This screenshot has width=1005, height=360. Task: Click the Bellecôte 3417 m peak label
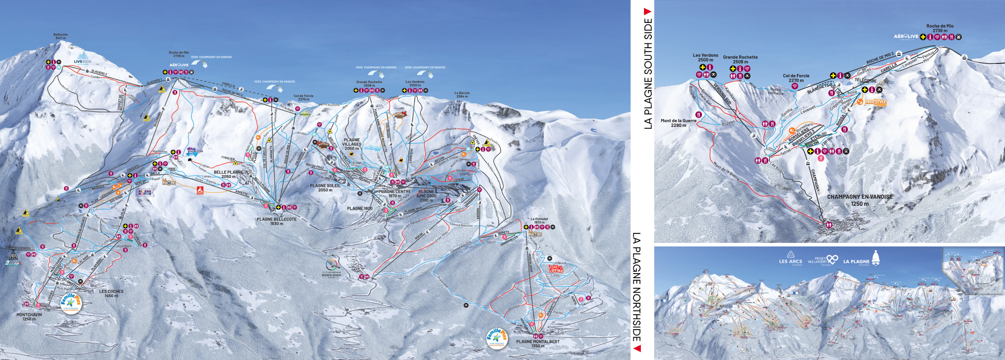click(x=60, y=36)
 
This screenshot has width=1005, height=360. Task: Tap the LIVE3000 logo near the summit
click(x=82, y=58)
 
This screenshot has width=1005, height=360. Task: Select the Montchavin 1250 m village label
click(x=29, y=317)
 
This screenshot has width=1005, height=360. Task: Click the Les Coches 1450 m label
click(x=111, y=293)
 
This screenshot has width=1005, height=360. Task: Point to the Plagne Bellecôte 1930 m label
click(x=277, y=221)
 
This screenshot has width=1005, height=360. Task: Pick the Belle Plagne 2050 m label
click(x=228, y=174)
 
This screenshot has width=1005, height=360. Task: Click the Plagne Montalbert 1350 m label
click(x=538, y=343)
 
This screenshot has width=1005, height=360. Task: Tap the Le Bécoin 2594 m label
click(x=462, y=95)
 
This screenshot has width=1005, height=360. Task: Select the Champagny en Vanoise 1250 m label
click(x=860, y=200)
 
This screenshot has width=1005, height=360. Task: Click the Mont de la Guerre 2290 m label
click(x=678, y=123)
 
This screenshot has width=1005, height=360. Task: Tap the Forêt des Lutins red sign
click(x=556, y=269)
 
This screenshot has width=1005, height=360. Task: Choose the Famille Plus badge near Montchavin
click(x=71, y=304)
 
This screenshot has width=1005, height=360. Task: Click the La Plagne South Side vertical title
click(x=648, y=69)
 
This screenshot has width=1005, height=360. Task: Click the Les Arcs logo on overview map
click(x=790, y=259)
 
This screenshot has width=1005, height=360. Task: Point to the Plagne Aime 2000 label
click(x=426, y=196)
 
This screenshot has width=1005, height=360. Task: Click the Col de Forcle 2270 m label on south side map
click(x=796, y=78)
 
